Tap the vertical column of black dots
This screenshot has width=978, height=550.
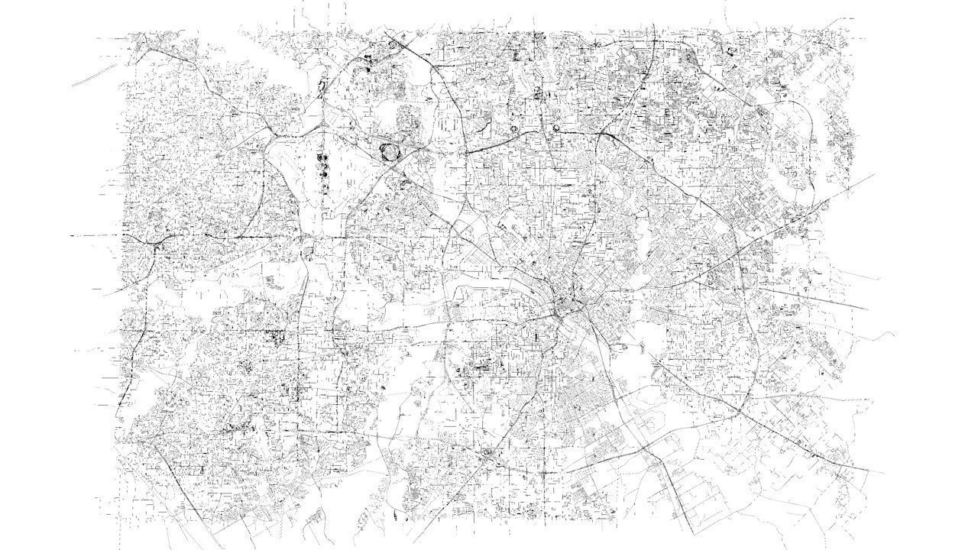[x=322, y=170]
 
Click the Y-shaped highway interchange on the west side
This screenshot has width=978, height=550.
[x=156, y=242]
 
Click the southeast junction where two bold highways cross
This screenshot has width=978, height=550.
[x=740, y=413]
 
